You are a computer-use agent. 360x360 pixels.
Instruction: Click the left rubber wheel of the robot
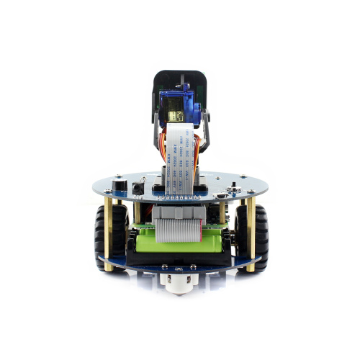point(101,237)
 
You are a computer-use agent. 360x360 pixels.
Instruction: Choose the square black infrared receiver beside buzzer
point(136,188)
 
